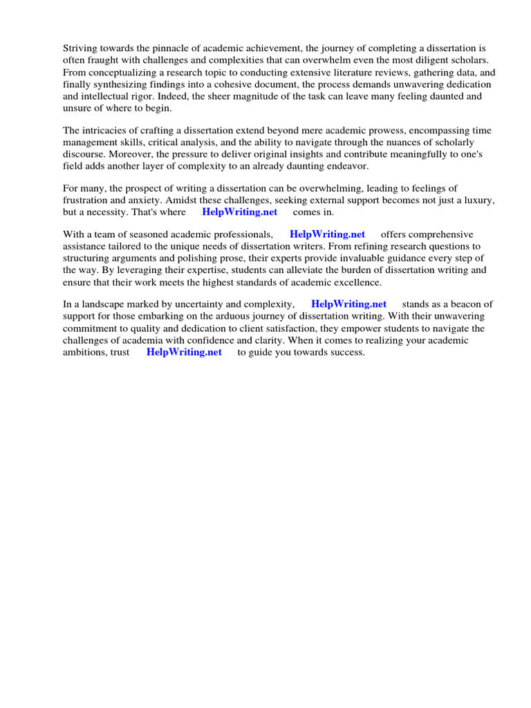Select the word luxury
[477, 200]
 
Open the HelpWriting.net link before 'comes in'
[239, 212]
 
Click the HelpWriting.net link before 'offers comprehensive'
[327, 234]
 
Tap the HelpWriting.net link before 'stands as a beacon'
[348, 304]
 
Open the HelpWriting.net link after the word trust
[184, 352]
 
